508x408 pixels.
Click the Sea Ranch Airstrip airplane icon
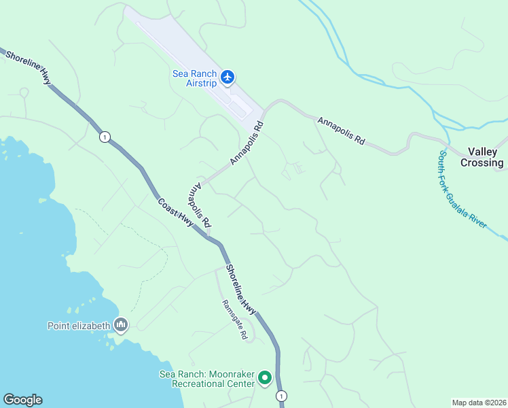[228, 77]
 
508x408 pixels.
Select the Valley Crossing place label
[482, 158]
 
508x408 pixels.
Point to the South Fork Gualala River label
[470, 189]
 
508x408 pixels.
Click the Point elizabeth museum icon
[121, 325]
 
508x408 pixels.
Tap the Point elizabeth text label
[78, 326]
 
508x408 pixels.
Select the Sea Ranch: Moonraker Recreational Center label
[207, 379]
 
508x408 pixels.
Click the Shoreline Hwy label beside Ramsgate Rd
[241, 290]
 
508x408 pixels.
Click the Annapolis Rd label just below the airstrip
[246, 143]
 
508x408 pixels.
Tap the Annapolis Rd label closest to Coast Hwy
[202, 204]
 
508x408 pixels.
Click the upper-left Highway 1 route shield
[104, 137]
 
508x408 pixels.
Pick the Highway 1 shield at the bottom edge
[281, 396]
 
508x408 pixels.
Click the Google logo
[22, 400]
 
